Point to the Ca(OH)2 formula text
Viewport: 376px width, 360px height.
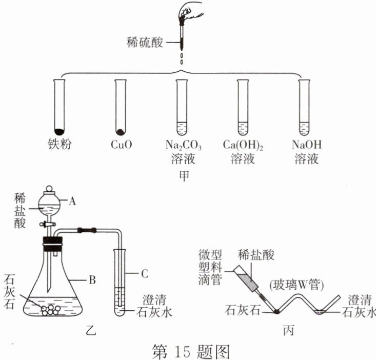[243, 145]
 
